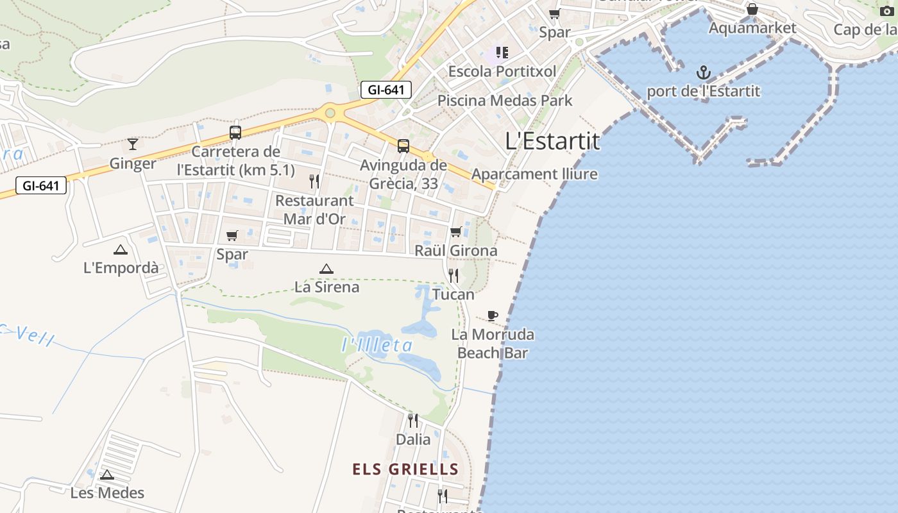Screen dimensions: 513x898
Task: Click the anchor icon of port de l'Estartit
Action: click(704, 72)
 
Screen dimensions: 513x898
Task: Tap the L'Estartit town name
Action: click(552, 141)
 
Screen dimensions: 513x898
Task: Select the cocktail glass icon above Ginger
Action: click(133, 144)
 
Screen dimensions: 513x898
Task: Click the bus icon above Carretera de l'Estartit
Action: click(235, 133)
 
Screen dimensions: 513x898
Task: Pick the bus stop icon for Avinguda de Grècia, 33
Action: click(403, 146)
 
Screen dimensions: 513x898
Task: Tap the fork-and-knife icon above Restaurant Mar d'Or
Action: click(314, 181)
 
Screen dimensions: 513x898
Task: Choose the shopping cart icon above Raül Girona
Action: click(456, 231)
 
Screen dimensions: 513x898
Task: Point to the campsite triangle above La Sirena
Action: click(326, 269)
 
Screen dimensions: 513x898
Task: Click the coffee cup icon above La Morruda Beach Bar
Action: click(492, 315)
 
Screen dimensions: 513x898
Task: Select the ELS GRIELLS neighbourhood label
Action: click(405, 469)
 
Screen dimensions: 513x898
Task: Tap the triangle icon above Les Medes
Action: click(107, 475)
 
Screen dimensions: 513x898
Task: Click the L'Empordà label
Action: click(121, 267)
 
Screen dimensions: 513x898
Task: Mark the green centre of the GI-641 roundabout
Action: click(330, 114)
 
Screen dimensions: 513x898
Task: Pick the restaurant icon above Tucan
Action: click(453, 276)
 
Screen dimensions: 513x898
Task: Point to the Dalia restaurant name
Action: click(413, 440)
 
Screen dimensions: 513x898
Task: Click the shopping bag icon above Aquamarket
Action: click(752, 10)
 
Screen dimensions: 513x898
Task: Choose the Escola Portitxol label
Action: click(502, 71)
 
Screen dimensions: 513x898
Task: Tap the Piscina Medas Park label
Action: click(505, 101)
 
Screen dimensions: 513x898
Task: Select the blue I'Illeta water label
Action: click(377, 346)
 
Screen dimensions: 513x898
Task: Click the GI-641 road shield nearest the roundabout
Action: click(385, 90)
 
